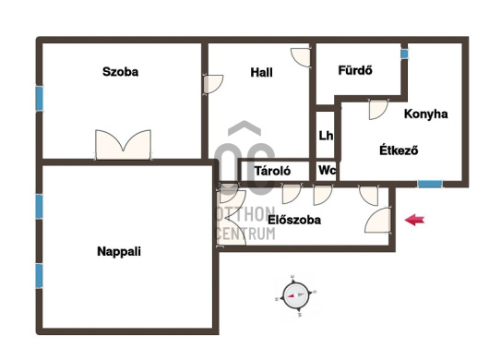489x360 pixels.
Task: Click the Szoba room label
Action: coord(120,72)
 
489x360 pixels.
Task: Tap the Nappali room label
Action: coord(119,251)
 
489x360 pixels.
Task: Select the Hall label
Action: coord(261,72)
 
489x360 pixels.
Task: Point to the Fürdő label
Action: coord(355,70)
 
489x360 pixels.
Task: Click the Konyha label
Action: coord(425,114)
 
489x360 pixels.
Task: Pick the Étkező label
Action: coord(399,150)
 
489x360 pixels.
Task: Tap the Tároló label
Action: coord(272,171)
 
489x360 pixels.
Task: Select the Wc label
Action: coord(328,171)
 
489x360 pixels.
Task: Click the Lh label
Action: coord(326,136)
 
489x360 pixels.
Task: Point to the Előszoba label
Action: coord(294,220)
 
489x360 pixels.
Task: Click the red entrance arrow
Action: coord(414,220)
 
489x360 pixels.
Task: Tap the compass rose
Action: coord(295,295)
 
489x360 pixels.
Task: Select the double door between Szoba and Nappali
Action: coord(124,145)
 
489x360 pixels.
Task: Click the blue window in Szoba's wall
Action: coord(40,99)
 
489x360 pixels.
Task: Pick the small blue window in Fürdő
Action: coord(404,54)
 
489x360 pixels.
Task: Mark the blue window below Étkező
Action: coord(430,184)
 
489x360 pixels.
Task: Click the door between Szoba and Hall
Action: coord(213,84)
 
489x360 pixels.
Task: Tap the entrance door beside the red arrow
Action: coord(378,220)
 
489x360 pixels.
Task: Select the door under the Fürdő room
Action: coord(378,109)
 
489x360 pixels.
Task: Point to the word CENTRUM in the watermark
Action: coord(245,234)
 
